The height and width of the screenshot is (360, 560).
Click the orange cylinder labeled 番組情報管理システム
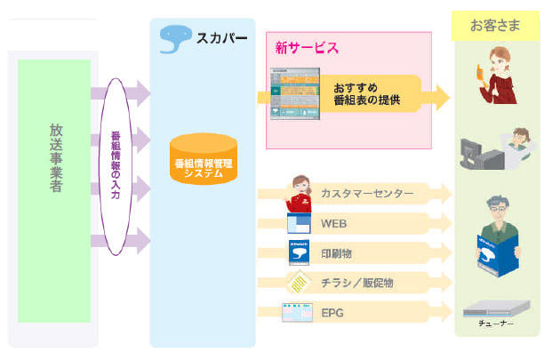pos(204,159)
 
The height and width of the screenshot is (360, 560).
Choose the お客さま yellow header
pos(495,24)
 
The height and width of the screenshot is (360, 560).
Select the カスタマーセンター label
pos(366,194)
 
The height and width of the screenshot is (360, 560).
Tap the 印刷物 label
pos(337,253)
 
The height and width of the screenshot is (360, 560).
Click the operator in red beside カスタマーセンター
pos(299,193)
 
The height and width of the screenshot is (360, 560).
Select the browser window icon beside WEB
pos(299,223)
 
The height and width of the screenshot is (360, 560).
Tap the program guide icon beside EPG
pos(295,313)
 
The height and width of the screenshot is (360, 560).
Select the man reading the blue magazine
pos(495,236)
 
